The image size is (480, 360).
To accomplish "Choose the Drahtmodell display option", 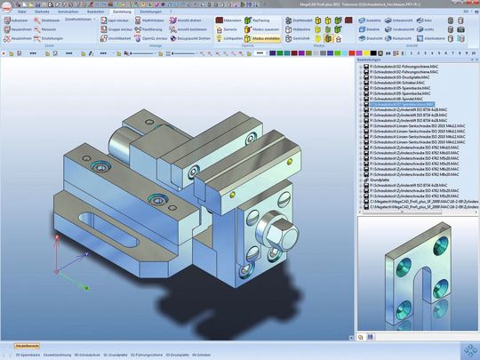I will coord(302,19).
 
